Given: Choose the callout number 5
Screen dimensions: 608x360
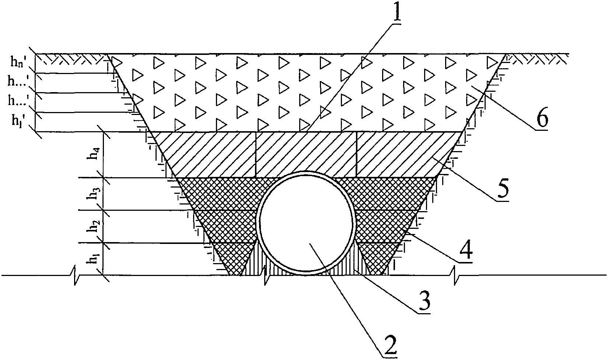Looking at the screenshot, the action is [502, 189].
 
